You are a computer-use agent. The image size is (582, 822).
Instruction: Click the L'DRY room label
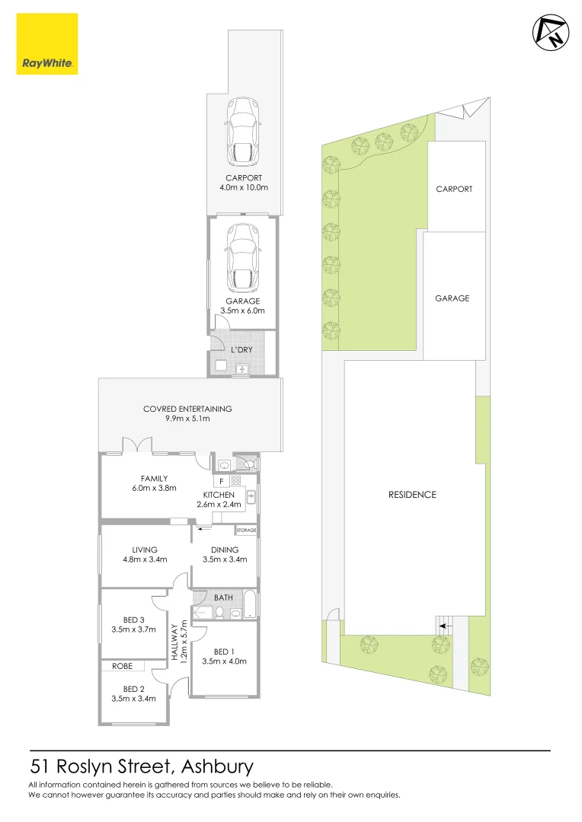coord(242,349)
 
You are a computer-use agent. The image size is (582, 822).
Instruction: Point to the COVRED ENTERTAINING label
coord(187,409)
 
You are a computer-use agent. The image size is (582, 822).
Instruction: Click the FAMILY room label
coord(154,479)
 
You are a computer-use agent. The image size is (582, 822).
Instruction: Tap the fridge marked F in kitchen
coord(221,481)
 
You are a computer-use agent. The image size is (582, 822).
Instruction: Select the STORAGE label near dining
coord(246,530)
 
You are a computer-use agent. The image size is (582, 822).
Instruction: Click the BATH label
coord(223,597)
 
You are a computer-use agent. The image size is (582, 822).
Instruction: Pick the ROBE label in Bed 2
coord(122,666)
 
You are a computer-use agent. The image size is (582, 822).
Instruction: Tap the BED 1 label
coord(224,651)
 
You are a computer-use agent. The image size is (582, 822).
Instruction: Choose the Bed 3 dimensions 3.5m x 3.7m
coord(133,629)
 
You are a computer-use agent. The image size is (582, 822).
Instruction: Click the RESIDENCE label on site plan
coord(412,495)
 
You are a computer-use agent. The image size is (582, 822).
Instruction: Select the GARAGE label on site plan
coord(452,298)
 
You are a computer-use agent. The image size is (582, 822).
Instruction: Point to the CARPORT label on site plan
coord(454,189)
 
